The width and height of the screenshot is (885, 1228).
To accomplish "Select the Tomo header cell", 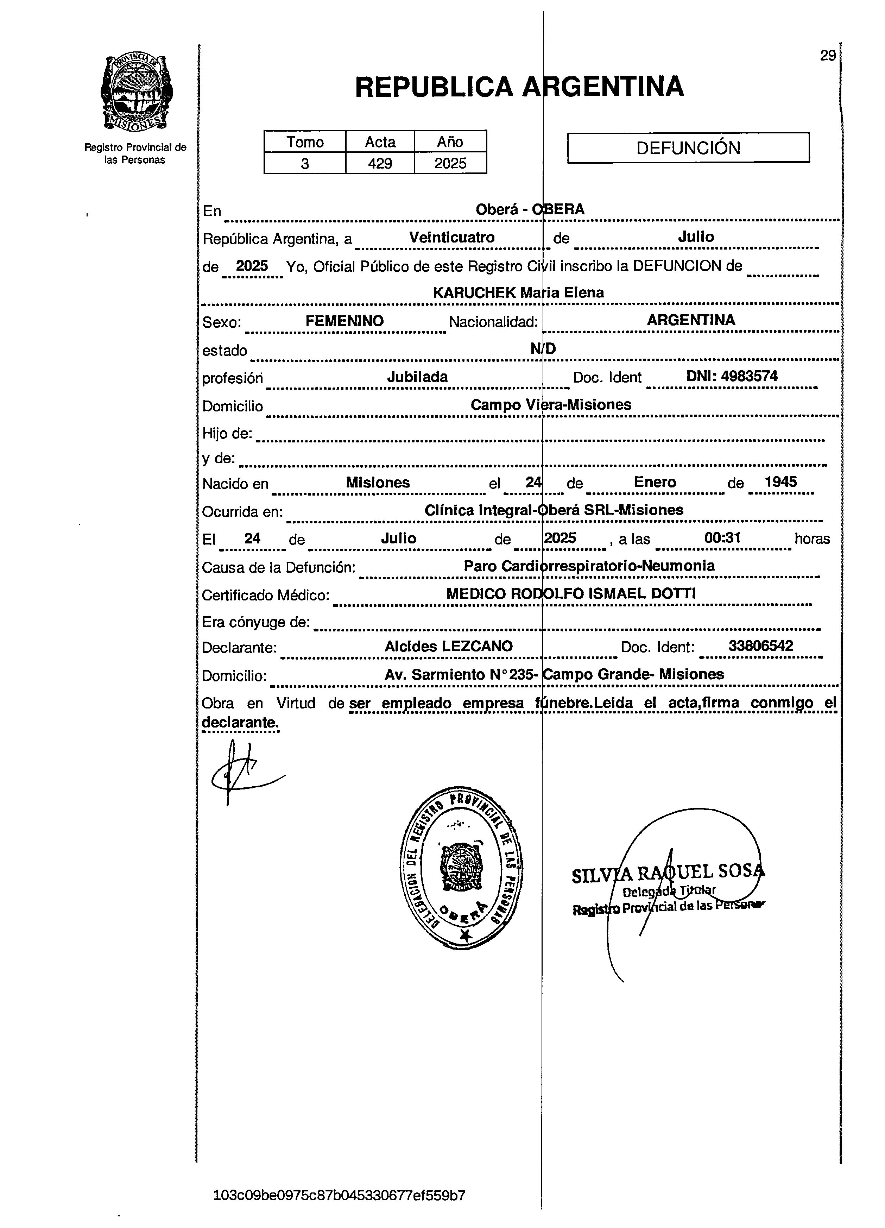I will click(305, 142).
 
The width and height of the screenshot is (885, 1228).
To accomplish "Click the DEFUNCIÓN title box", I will click(688, 148).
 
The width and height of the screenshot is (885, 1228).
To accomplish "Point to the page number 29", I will click(828, 56).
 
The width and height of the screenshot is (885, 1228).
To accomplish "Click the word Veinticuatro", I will click(451, 238).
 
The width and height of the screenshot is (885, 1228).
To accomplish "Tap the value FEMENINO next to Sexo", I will click(344, 321).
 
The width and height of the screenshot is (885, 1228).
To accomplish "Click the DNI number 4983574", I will click(749, 376).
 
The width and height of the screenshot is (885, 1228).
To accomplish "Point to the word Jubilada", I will click(417, 377).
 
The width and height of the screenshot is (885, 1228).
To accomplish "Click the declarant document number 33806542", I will click(760, 646).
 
